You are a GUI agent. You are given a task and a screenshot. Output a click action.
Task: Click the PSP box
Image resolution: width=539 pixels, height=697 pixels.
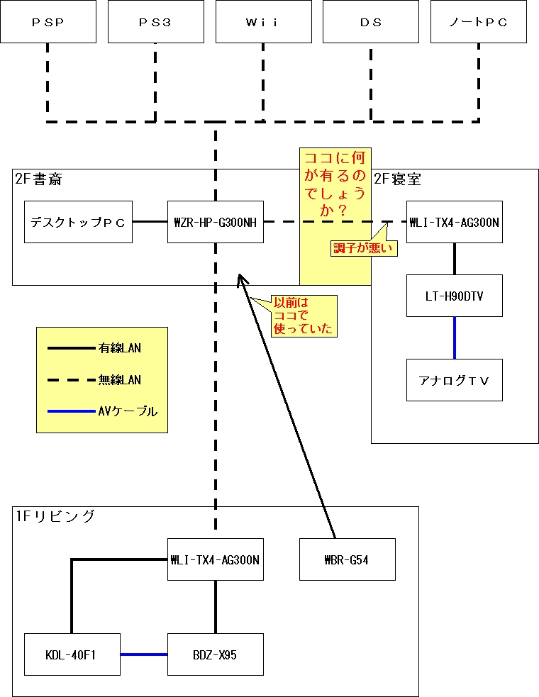[48, 22]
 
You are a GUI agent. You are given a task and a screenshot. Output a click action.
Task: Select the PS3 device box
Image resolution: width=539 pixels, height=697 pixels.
[155, 22]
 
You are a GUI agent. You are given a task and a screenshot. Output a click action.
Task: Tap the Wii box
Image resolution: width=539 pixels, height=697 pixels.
[263, 22]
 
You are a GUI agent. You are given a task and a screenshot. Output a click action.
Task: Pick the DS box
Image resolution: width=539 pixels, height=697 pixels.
[370, 22]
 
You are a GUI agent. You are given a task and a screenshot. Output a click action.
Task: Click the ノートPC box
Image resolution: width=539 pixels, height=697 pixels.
[478, 22]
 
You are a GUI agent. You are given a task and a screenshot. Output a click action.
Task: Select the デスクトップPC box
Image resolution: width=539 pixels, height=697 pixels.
[78, 222]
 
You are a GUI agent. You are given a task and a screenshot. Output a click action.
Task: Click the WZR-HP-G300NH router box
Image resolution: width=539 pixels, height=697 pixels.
[216, 222]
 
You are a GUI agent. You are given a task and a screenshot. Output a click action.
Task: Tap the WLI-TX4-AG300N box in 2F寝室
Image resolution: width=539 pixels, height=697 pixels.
[455, 222]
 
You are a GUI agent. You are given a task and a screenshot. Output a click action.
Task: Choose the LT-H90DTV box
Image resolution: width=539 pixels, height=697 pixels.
[455, 296]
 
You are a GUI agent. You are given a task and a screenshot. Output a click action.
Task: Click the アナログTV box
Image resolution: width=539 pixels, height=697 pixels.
[455, 380]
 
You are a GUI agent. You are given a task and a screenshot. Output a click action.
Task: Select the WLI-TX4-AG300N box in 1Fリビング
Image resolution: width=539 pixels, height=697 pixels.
[216, 559]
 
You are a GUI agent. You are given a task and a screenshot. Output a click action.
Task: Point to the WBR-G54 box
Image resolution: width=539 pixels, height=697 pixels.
[348, 559]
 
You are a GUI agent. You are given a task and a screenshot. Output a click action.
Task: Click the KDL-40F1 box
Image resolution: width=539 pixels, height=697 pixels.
[72, 654]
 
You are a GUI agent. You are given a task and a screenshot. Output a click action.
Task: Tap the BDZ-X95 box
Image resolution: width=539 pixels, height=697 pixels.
[216, 654]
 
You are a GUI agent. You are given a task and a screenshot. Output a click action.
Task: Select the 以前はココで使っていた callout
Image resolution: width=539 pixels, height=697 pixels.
[303, 316]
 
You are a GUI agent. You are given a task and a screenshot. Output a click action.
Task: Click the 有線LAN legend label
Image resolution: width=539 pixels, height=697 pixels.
[120, 348]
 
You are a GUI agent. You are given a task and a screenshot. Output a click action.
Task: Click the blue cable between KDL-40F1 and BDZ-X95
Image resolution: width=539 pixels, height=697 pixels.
[143, 654]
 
